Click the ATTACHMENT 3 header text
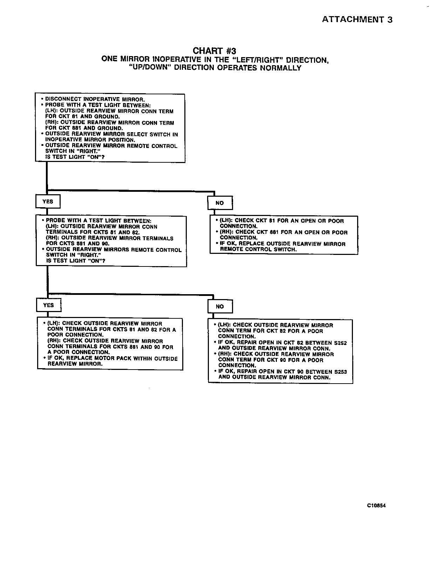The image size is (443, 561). click(x=357, y=20)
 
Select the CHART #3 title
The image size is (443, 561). click(x=214, y=51)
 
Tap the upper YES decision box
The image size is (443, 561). click(x=48, y=202)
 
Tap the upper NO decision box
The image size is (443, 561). click(x=220, y=203)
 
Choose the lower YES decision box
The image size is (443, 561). click(x=48, y=305)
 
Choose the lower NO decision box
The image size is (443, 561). click(x=220, y=306)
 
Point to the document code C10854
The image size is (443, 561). click(x=376, y=506)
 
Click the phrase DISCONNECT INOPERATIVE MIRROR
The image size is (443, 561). click(x=95, y=99)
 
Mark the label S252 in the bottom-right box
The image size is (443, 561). click(x=340, y=343)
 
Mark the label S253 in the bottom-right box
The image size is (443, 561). click(x=340, y=372)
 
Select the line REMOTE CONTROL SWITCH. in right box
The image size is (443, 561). click(x=258, y=250)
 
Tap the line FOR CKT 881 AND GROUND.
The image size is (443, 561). click(x=84, y=128)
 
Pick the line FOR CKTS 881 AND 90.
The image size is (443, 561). click(x=77, y=244)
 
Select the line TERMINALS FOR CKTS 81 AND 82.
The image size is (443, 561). click(x=93, y=232)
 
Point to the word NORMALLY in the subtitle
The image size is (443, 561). click(x=280, y=68)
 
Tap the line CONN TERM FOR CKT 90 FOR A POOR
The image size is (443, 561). click(x=271, y=360)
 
